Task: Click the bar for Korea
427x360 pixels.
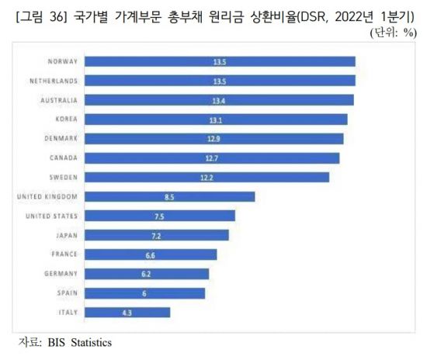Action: pyautogui.click(x=215, y=119)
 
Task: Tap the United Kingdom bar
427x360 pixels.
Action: pyautogui.click(x=169, y=196)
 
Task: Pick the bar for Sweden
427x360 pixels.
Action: pyautogui.click(x=206, y=177)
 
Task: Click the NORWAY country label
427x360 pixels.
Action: pyautogui.click(x=62, y=61)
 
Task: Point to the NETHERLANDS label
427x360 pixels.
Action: pyautogui.click(x=54, y=80)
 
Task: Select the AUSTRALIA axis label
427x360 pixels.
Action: pyautogui.click(x=57, y=99)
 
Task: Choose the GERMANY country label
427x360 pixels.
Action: pyautogui.click(x=59, y=274)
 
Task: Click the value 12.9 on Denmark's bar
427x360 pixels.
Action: pyautogui.click(x=212, y=138)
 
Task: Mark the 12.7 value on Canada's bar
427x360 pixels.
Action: pyautogui.click(x=210, y=157)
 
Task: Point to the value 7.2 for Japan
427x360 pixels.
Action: pyautogui.click(x=156, y=235)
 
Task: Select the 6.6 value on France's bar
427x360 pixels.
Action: pyautogui.click(x=150, y=254)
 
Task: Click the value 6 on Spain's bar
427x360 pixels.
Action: pyautogui.click(x=144, y=293)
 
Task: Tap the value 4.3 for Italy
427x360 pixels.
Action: pyautogui.click(x=127, y=313)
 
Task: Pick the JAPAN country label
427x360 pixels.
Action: pyautogui.click(x=64, y=235)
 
